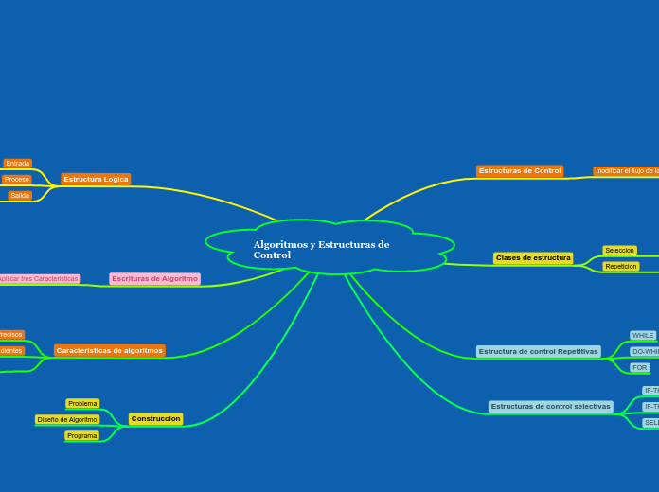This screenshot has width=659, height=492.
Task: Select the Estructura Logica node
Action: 96,179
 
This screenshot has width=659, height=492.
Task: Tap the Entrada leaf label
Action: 18,164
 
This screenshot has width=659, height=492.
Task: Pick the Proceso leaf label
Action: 16,180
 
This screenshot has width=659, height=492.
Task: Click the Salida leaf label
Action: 20,196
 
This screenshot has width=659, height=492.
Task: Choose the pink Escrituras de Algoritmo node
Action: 154,279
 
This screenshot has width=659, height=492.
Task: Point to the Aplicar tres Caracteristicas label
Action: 39,279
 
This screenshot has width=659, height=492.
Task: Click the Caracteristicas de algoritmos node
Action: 110,350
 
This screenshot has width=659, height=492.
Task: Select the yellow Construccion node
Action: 155,418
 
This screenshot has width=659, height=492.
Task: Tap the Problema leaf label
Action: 82,404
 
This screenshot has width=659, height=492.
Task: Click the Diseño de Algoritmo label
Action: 67,419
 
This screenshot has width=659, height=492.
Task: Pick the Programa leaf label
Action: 81,436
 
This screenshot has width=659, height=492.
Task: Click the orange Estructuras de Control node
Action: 520,171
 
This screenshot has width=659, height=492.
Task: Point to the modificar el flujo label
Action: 626,171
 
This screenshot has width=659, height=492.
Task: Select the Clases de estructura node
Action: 533,258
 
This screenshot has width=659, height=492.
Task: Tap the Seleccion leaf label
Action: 619,251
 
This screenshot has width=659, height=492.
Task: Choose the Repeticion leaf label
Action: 620,267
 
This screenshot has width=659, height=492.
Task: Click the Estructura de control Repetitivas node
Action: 538,351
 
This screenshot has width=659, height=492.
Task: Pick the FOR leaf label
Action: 640,368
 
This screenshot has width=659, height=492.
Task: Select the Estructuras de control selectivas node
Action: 550,407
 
